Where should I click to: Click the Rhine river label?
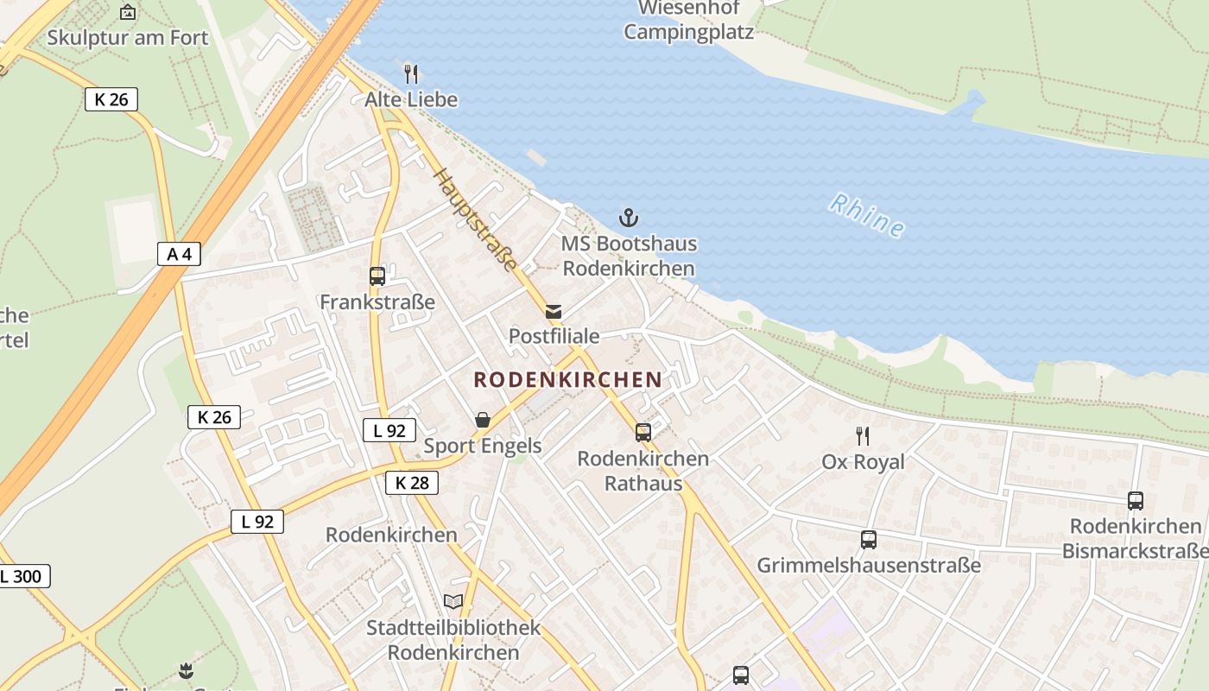click(x=867, y=215)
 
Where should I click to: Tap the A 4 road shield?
click(x=180, y=254)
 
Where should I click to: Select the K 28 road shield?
click(x=412, y=483)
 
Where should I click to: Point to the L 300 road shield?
click(x=24, y=576)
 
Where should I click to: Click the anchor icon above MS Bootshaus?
click(x=629, y=218)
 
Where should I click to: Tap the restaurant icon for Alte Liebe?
click(x=411, y=74)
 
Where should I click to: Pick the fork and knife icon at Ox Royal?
click(x=862, y=435)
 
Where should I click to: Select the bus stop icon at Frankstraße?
click(x=377, y=276)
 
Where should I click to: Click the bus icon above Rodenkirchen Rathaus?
click(x=643, y=433)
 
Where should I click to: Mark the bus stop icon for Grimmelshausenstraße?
click(x=869, y=540)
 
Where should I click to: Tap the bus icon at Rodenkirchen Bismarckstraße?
click(x=1136, y=500)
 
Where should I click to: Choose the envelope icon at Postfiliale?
click(x=554, y=311)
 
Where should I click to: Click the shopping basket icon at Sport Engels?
click(x=483, y=420)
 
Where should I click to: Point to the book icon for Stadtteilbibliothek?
click(x=453, y=601)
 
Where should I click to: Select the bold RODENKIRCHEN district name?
click(x=567, y=379)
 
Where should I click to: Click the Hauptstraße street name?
click(x=476, y=220)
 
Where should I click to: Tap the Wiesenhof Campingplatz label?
click(x=688, y=21)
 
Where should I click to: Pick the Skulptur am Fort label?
click(x=128, y=37)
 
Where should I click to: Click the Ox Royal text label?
click(x=863, y=462)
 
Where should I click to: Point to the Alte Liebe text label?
click(x=411, y=99)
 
